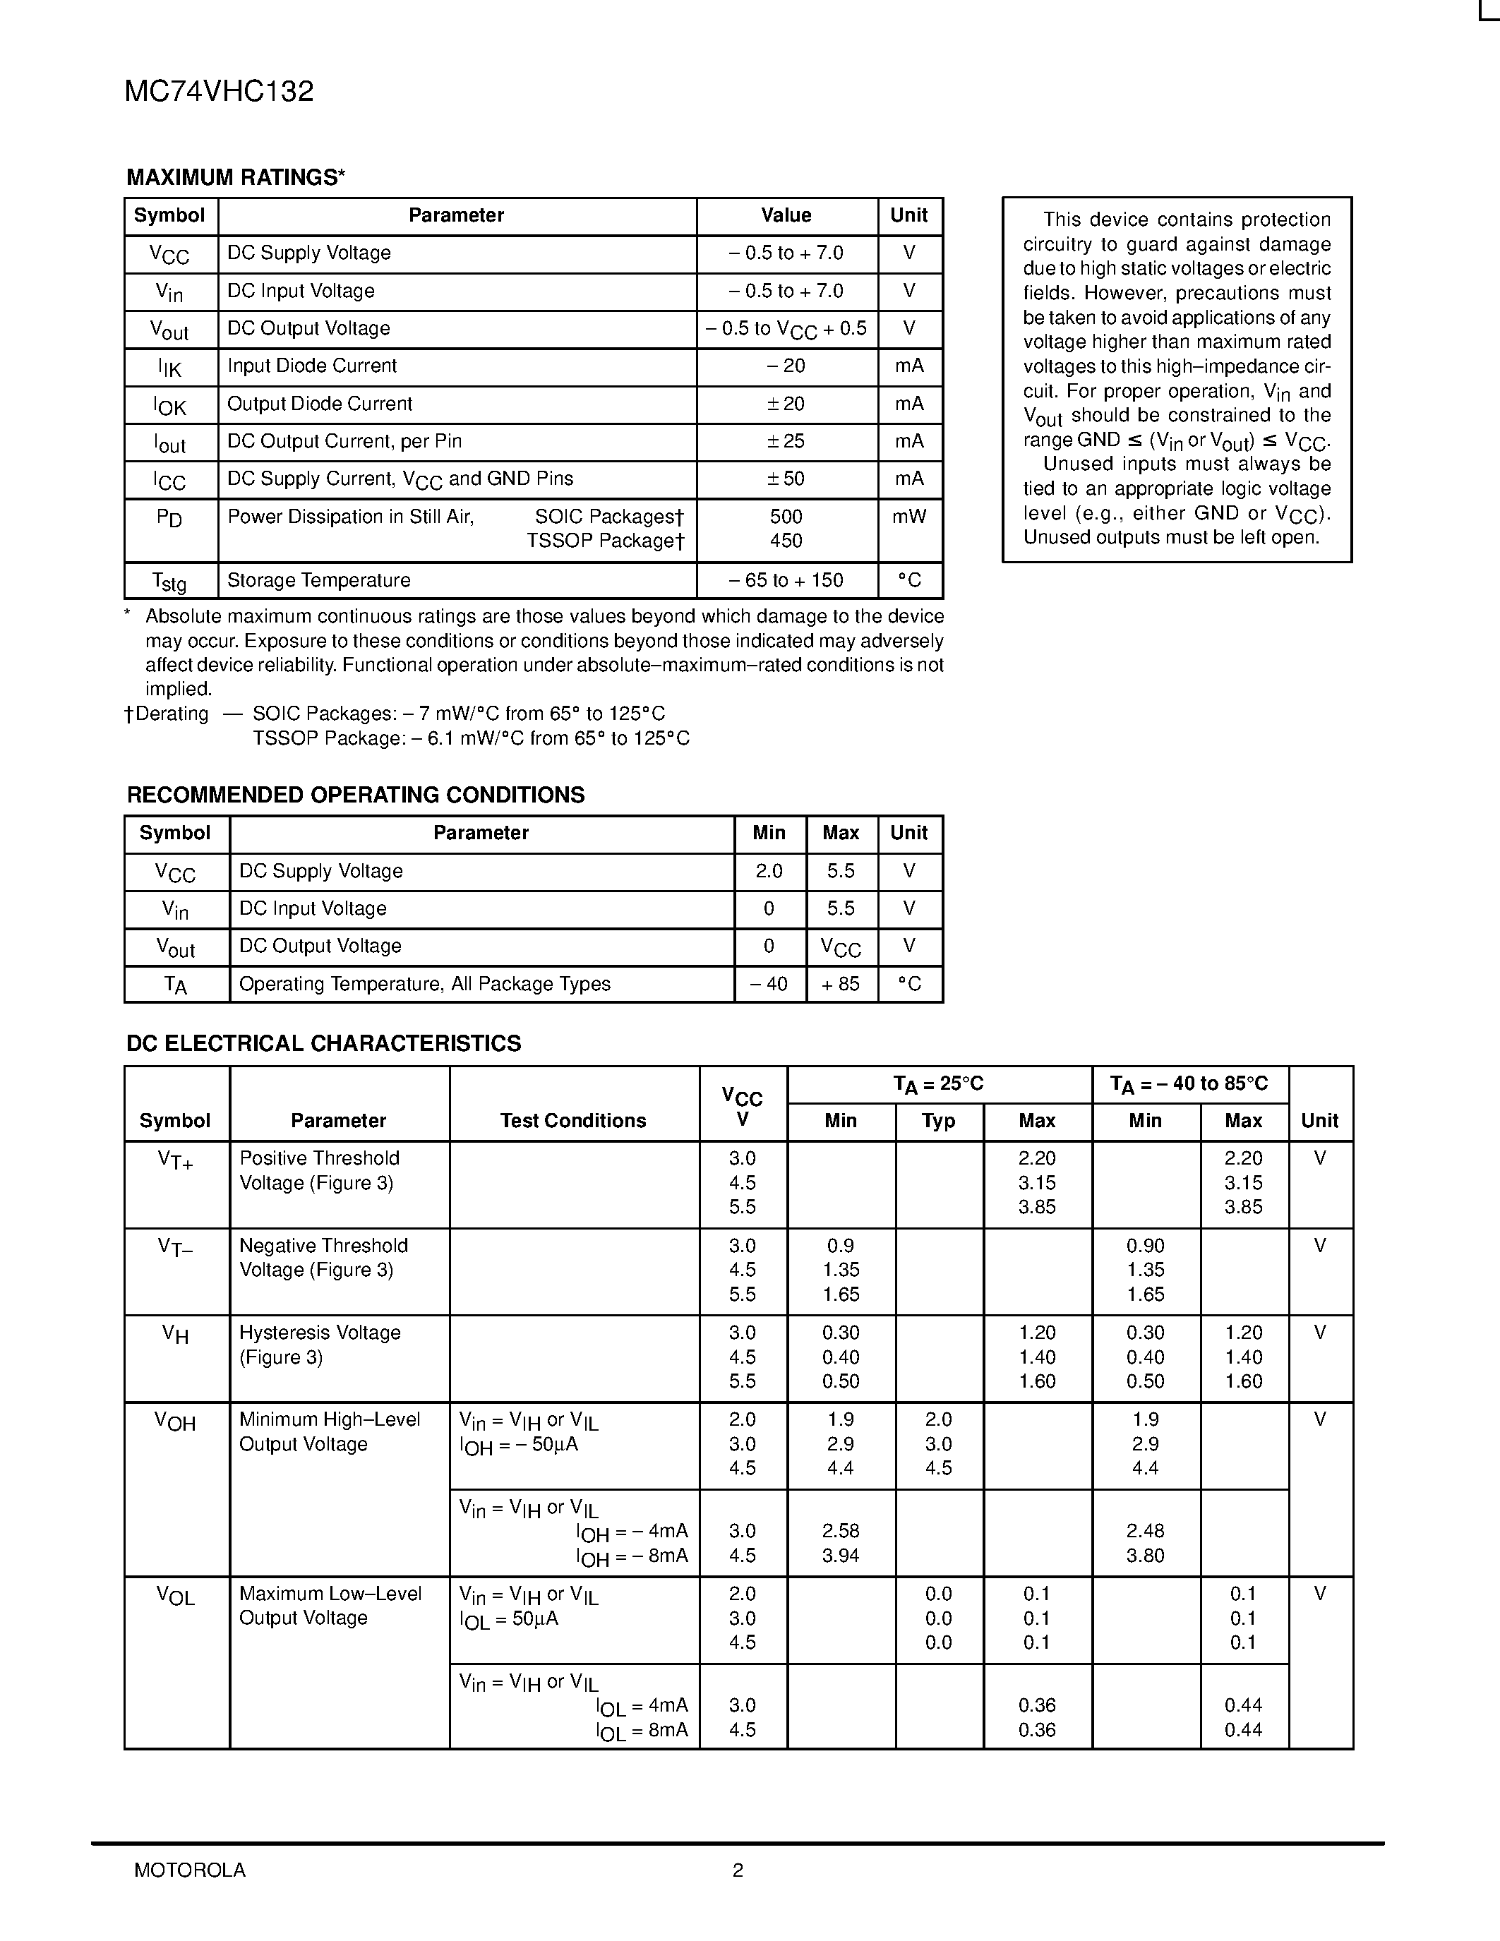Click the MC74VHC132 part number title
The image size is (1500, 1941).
pyautogui.click(x=219, y=92)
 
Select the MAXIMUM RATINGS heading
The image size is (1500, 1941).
pyautogui.click(x=236, y=178)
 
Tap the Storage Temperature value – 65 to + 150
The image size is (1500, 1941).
pyautogui.click(x=786, y=580)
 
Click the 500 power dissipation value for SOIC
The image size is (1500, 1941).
pyautogui.click(x=786, y=517)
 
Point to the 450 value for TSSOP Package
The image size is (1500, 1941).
pyautogui.click(x=786, y=541)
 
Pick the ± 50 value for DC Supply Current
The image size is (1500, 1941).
pyautogui.click(x=786, y=479)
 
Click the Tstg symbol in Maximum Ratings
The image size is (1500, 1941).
pyautogui.click(x=169, y=582)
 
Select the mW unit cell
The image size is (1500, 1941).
pyautogui.click(x=909, y=517)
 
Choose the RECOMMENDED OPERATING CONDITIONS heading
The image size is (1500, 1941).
pyautogui.click(x=356, y=795)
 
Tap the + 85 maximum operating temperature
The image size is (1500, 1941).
pyautogui.click(x=841, y=984)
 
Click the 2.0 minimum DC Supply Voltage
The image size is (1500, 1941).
pyautogui.click(x=769, y=871)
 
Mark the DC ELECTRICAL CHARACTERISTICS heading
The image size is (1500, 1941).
pyautogui.click(x=323, y=1043)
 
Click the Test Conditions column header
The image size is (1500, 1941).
pyautogui.click(x=573, y=1121)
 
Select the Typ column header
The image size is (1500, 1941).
pyautogui.click(x=938, y=1121)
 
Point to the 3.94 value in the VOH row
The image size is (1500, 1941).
pyautogui.click(x=841, y=1556)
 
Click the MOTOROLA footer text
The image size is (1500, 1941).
pyautogui.click(x=189, y=1870)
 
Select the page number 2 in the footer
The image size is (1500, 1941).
pyautogui.click(x=738, y=1870)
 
